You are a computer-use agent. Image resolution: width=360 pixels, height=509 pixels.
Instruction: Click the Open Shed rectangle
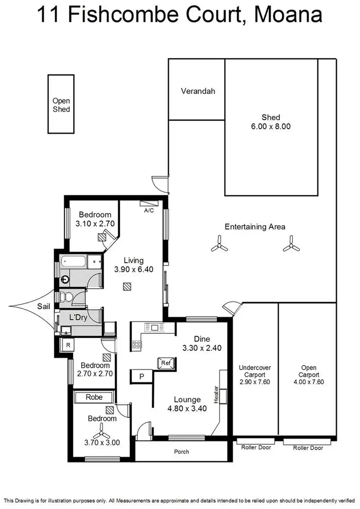[x=61, y=104]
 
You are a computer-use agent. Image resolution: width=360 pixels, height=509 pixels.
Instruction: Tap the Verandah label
[x=197, y=91]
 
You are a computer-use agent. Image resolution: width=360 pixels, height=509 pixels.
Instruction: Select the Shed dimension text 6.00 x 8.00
[x=271, y=127]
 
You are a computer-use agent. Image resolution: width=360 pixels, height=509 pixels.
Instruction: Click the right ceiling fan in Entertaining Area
[x=291, y=245]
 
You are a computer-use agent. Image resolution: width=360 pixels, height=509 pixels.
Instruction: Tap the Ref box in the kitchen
[x=166, y=363]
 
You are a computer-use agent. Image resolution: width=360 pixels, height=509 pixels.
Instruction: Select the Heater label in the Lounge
[x=216, y=395]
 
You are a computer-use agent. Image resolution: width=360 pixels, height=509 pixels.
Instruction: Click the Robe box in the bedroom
[x=94, y=397]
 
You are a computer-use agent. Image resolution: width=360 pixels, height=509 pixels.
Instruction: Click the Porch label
[x=181, y=451]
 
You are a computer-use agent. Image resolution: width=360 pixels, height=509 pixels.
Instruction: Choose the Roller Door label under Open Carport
[x=308, y=448]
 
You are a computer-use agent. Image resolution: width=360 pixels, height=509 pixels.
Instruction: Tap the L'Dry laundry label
[x=78, y=317]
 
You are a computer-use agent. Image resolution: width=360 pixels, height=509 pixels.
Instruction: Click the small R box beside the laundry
[x=68, y=345]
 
